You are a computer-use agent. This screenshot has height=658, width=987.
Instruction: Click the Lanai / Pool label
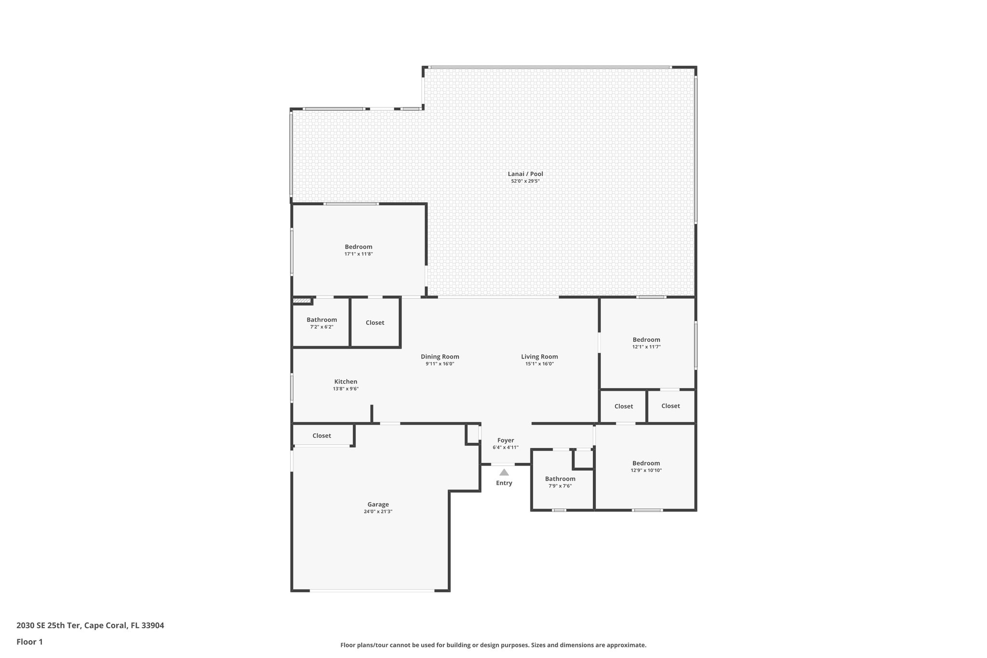coord(525,174)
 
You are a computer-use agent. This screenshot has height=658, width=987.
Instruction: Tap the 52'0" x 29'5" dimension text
coord(525,181)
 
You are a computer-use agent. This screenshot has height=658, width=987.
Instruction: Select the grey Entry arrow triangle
coord(504,472)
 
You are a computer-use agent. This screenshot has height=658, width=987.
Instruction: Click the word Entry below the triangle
coord(504,483)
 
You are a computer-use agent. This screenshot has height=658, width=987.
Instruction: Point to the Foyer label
coord(505,440)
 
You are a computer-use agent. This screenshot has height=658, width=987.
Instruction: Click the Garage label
coord(378,504)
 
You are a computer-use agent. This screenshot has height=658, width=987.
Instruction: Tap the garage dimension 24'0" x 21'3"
coord(378,511)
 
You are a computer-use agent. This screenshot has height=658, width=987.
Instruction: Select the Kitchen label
coord(346,382)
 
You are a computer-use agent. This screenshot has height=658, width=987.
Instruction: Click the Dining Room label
coord(440,357)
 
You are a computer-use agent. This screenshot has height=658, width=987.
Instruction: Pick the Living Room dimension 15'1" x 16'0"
coord(539,364)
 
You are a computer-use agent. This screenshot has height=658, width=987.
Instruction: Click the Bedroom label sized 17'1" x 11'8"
coord(358,247)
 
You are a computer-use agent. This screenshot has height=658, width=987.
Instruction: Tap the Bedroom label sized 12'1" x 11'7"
coord(646,340)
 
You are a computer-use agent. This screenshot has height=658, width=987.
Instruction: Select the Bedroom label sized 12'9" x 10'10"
coord(646,463)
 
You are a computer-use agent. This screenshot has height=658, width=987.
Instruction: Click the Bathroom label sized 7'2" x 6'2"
coord(321,320)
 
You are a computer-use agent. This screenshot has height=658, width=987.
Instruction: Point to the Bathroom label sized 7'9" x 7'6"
coord(560,479)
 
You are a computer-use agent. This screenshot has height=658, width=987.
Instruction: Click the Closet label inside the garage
coord(321,436)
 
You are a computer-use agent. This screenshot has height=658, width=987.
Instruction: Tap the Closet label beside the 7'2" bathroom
coord(374,322)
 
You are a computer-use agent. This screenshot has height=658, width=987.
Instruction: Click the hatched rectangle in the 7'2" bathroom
coord(302,301)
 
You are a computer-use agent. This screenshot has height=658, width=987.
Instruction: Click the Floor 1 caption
coord(29,642)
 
